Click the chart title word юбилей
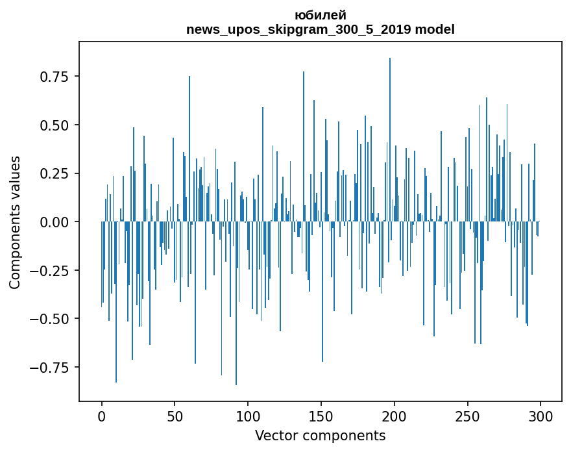pos(320,15)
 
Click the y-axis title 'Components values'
pos(15,222)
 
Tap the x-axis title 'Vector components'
pos(320,436)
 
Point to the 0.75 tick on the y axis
pos(55,77)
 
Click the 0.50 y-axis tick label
pos(55,125)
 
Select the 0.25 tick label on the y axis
pos(55,173)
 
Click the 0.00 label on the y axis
pos(55,222)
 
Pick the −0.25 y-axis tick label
pos(51,271)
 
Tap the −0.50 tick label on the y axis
pos(51,319)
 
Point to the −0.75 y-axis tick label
pos(51,368)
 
